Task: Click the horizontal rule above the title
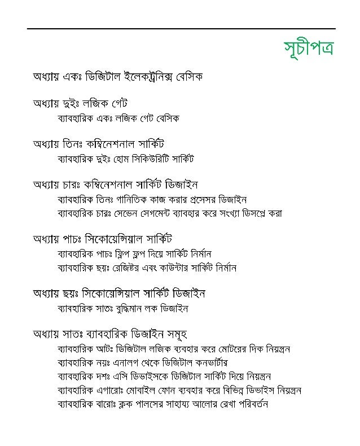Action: pos(181,28)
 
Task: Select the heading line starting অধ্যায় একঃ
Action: pos(117,76)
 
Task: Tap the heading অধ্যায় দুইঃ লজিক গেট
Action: pos(81,103)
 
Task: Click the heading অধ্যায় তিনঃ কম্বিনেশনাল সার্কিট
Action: pos(99,144)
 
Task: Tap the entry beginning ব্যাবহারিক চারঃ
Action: pos(170,213)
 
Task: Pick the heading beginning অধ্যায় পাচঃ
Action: pos(102,238)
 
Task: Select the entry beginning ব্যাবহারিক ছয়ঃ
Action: pos(147,268)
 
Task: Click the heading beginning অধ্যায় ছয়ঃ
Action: pos(118,294)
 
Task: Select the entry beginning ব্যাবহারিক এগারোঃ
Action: pos(179,390)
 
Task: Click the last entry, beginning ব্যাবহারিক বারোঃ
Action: pos(163,404)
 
